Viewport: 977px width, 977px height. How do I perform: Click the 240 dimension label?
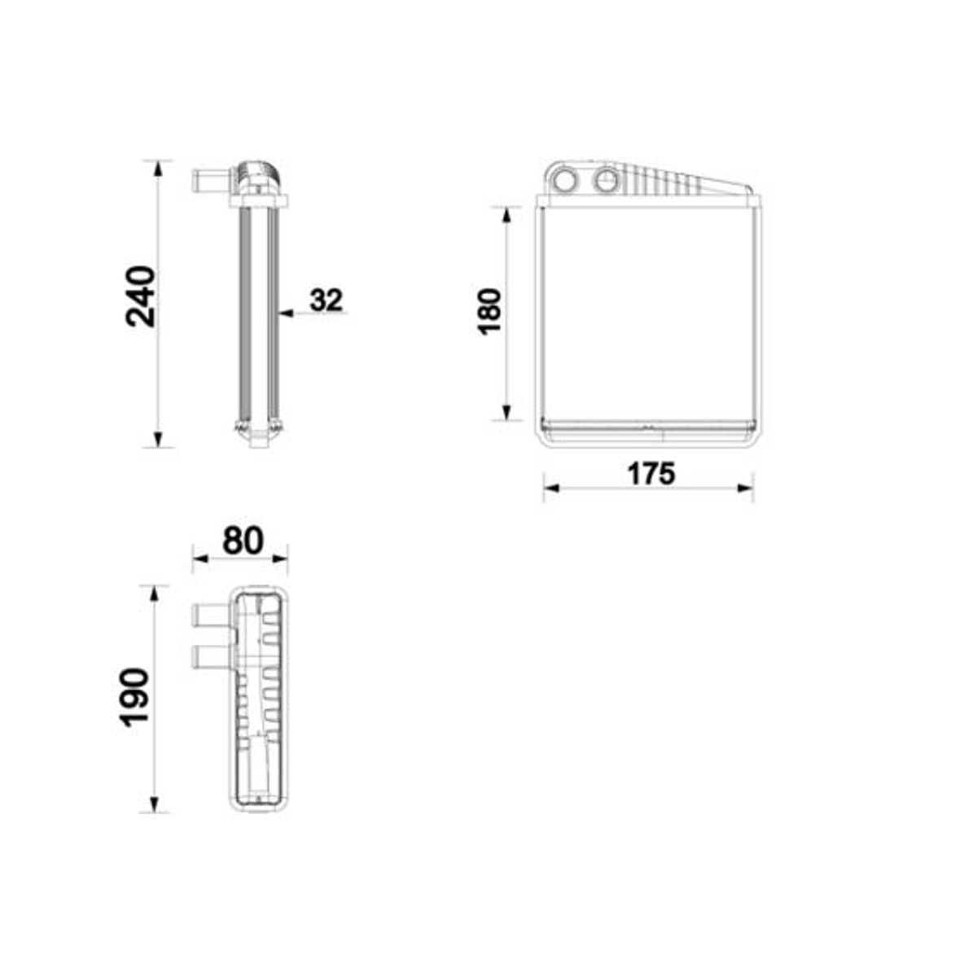tap(140, 296)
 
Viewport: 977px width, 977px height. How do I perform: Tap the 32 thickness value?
tap(326, 300)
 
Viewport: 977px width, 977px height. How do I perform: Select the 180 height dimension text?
tap(490, 311)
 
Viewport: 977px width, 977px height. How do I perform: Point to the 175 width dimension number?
tap(651, 474)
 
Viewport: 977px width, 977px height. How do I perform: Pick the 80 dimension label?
tap(243, 541)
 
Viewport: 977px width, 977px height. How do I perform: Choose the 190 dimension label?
tap(135, 698)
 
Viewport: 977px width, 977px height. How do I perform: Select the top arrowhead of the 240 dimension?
tap(158, 169)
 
